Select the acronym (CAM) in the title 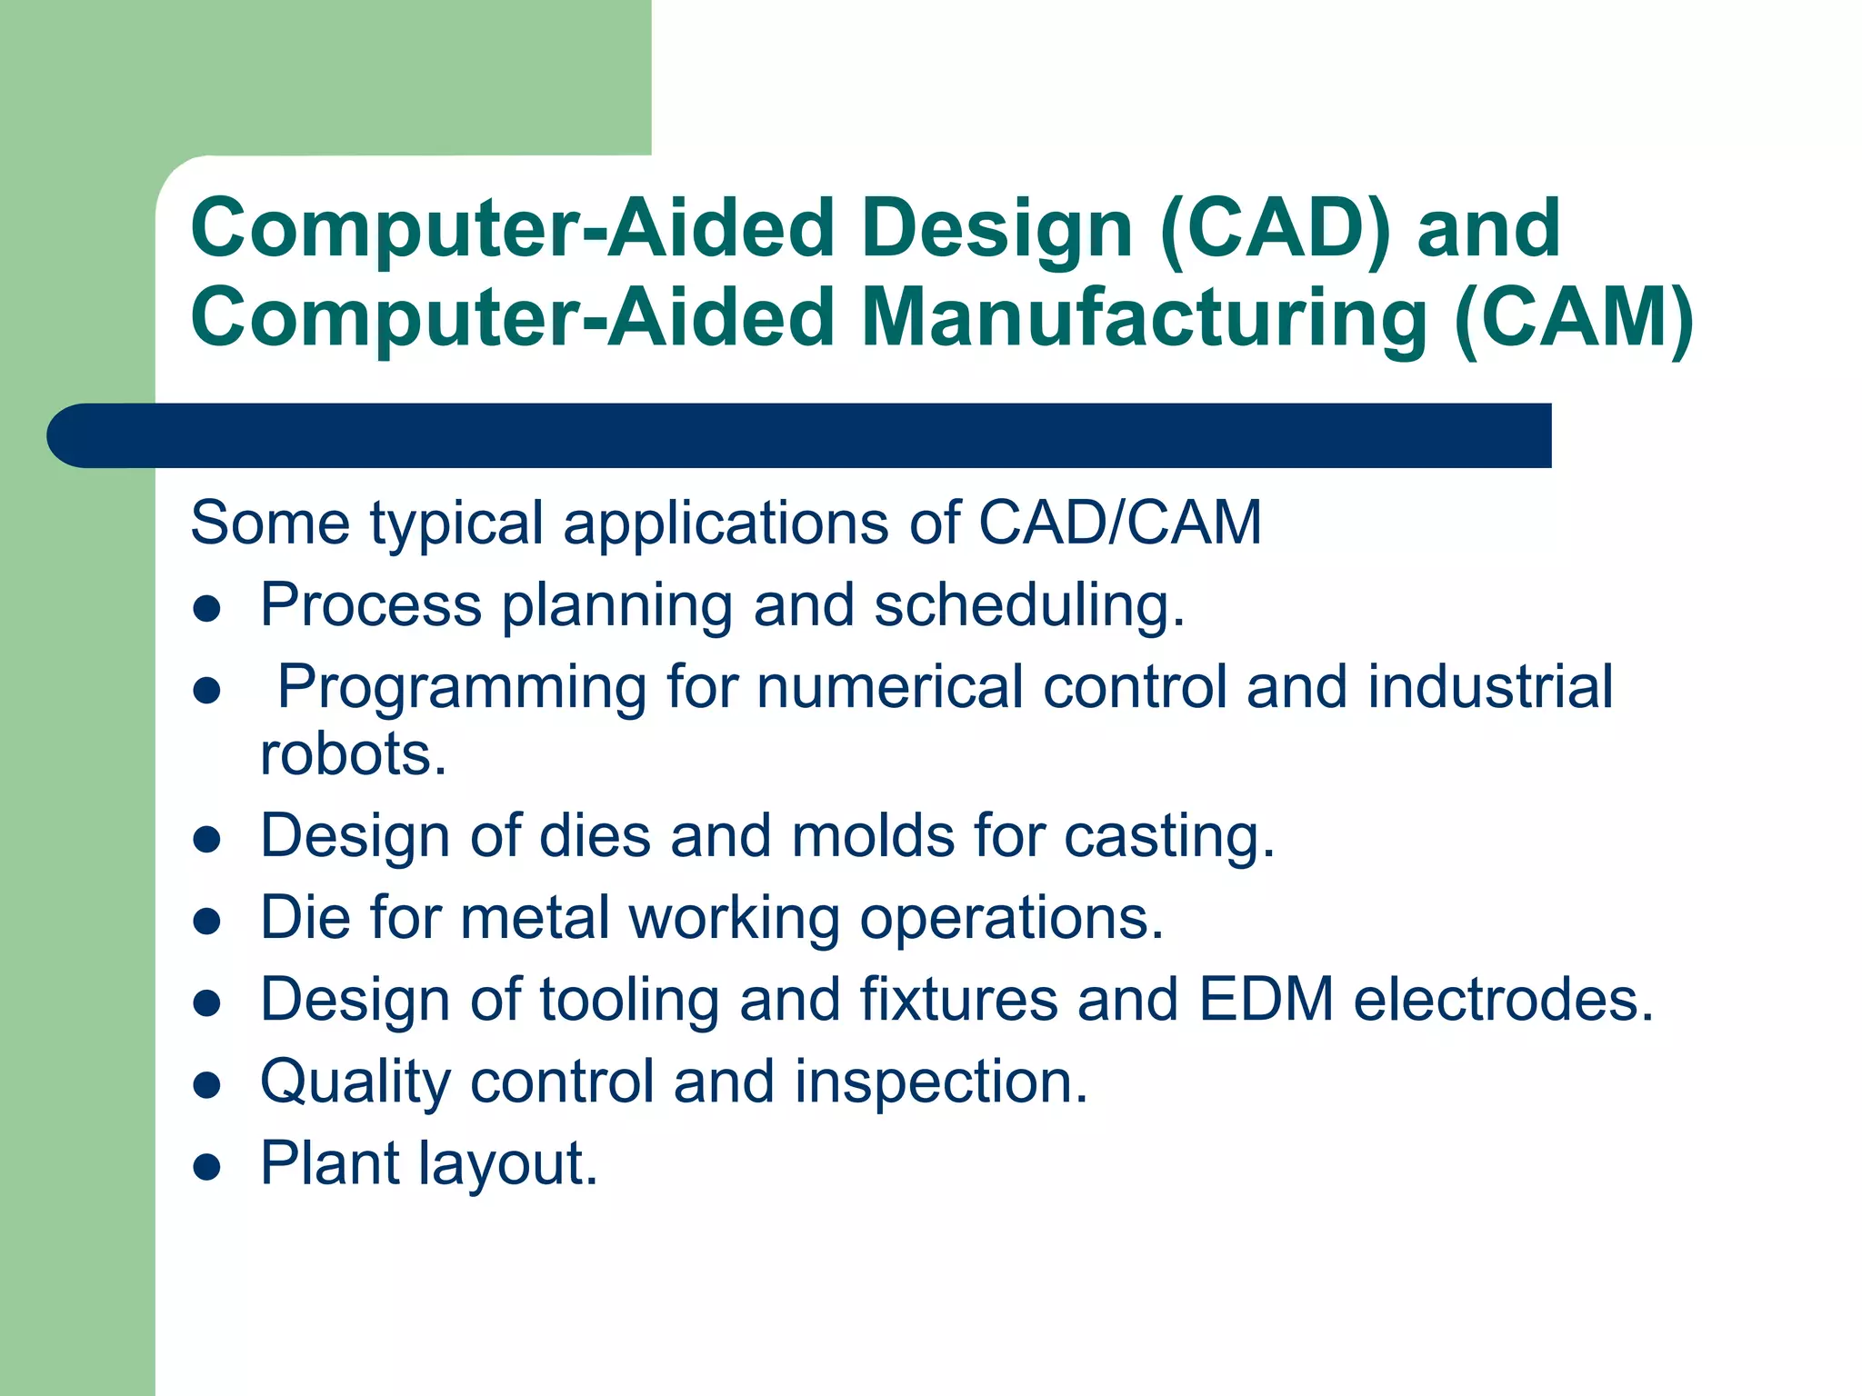(1574, 317)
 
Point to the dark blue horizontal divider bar (800, 435)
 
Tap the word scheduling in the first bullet (1028, 605)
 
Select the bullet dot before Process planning (208, 608)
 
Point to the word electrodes (1503, 999)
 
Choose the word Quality (355, 1082)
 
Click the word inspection (941, 1082)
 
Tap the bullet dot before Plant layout (208, 1166)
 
